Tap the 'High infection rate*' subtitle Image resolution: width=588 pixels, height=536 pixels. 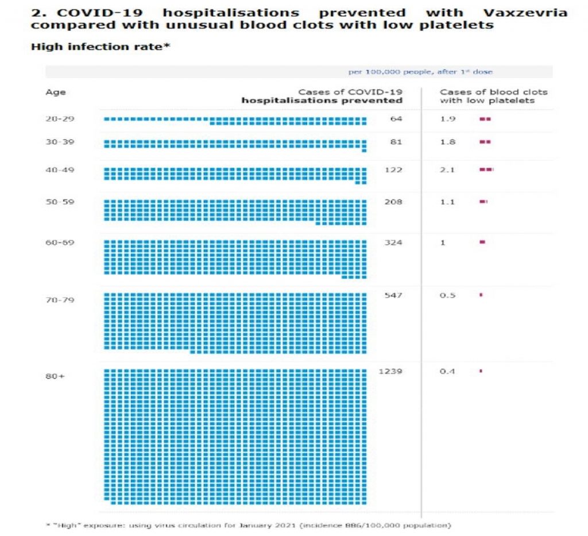coord(100,47)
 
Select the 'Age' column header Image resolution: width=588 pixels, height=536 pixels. coord(56,92)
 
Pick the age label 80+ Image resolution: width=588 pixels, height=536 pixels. coord(56,376)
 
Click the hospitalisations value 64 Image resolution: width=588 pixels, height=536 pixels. coord(396,119)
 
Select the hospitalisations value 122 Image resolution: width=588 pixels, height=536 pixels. coord(394,170)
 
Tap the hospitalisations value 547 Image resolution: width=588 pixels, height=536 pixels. coord(394,295)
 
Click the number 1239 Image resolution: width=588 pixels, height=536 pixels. coord(391,371)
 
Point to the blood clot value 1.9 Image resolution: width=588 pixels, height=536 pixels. coord(448,119)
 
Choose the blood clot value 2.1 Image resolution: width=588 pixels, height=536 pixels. coord(448,170)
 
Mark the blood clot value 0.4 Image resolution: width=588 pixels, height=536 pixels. coord(447,371)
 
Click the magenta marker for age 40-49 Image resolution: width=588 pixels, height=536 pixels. coord(486,170)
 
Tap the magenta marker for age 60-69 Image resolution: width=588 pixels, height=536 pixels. coord(482,242)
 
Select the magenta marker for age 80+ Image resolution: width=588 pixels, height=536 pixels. coord(481,371)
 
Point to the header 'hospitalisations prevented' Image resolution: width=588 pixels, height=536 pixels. coord(322,101)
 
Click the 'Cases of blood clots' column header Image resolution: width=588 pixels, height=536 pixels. coord(493,92)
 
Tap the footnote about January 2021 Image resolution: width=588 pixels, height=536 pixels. coord(248,525)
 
